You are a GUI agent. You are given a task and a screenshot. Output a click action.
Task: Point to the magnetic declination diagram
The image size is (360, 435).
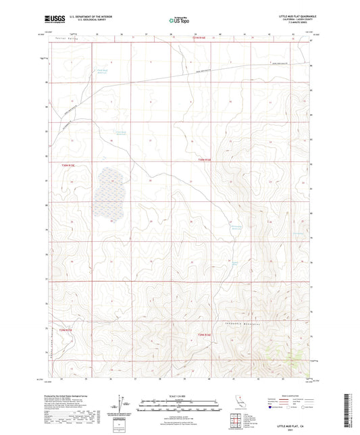click(122, 405)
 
